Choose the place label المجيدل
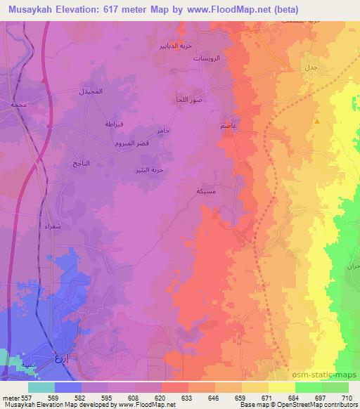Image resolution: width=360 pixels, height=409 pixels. (x=92, y=92)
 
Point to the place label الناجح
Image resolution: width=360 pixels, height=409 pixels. (x=81, y=162)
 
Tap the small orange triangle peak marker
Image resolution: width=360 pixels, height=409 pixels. (x=317, y=122)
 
